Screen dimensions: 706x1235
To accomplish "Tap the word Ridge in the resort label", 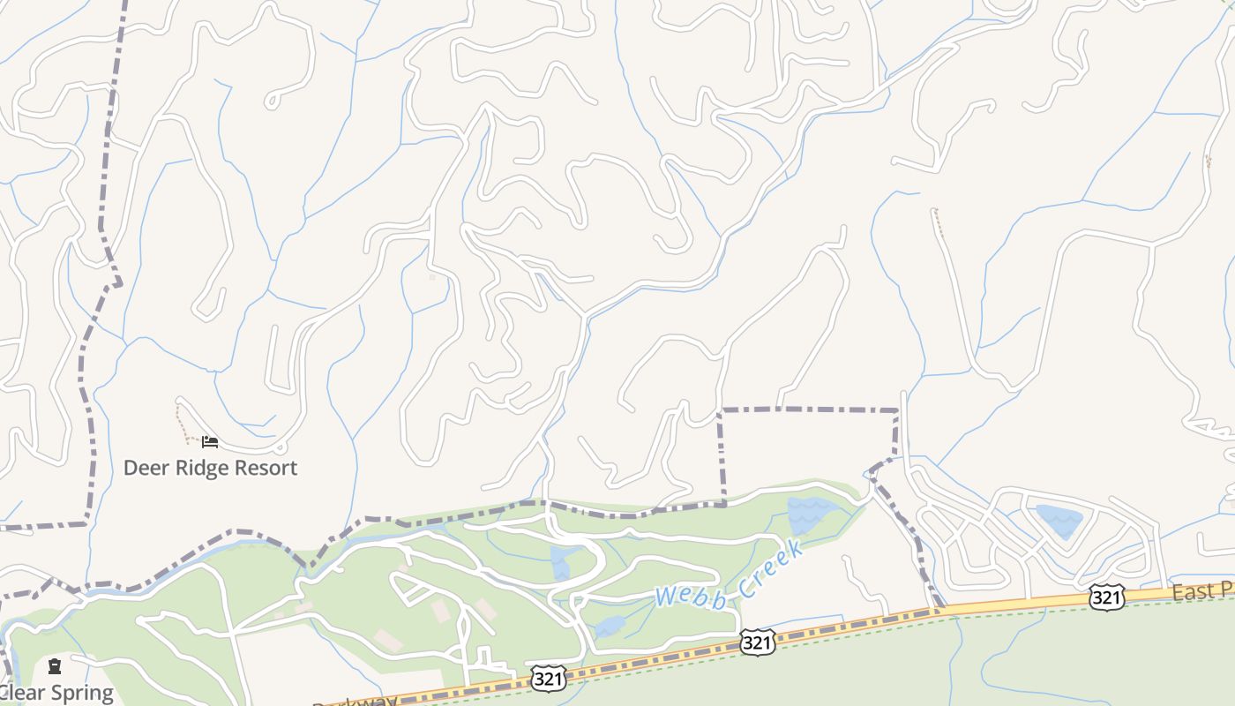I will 198,468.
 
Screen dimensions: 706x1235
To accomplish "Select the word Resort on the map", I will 264,468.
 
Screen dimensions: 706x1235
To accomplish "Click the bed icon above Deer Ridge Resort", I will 209,441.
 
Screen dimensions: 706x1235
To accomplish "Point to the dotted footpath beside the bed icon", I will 182,424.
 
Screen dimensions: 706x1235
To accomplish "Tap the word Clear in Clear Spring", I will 18,694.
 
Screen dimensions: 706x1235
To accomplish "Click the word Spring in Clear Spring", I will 79,694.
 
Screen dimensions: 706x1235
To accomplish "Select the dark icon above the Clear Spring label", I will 55,666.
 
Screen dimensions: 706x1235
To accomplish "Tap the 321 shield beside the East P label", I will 1106,597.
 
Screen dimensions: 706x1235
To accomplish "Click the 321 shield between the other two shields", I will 758,642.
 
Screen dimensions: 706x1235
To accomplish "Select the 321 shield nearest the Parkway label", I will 548,679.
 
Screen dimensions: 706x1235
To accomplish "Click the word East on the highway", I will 1193,592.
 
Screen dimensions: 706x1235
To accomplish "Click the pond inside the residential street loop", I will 1059,521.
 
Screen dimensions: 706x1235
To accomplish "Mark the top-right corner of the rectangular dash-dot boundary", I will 897,410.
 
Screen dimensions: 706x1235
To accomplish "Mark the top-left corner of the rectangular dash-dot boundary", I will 721,410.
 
